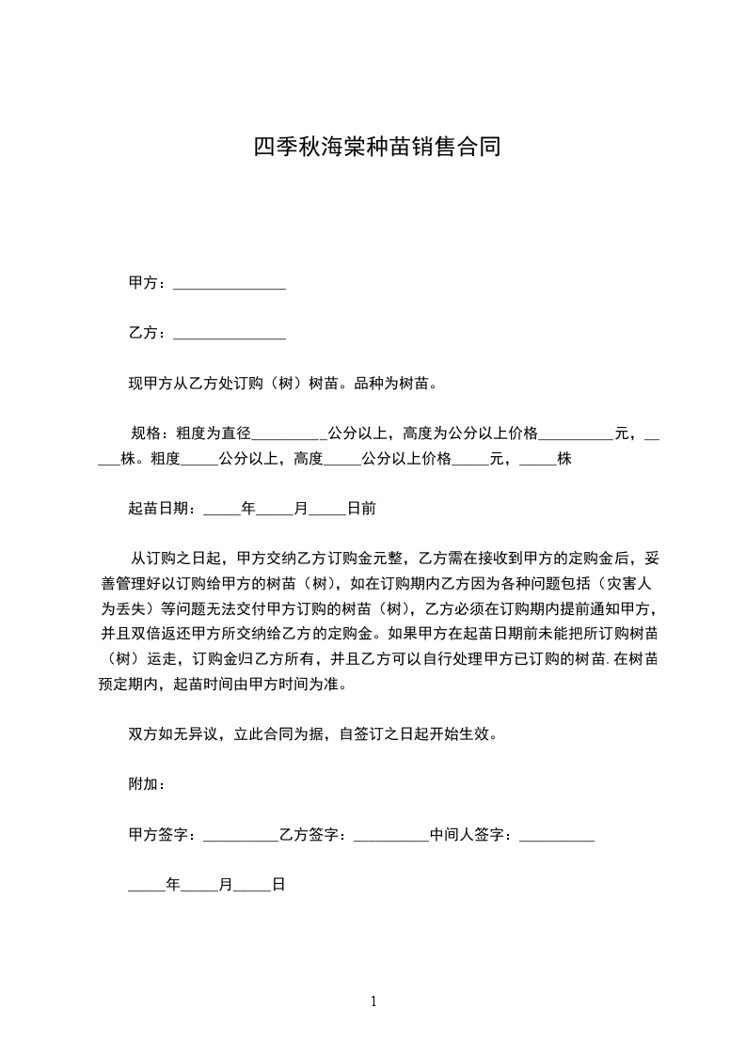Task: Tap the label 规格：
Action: [x=151, y=433]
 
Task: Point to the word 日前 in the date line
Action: [x=362, y=509]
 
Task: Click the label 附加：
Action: [x=148, y=784]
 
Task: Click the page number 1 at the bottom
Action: [x=373, y=1001]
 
